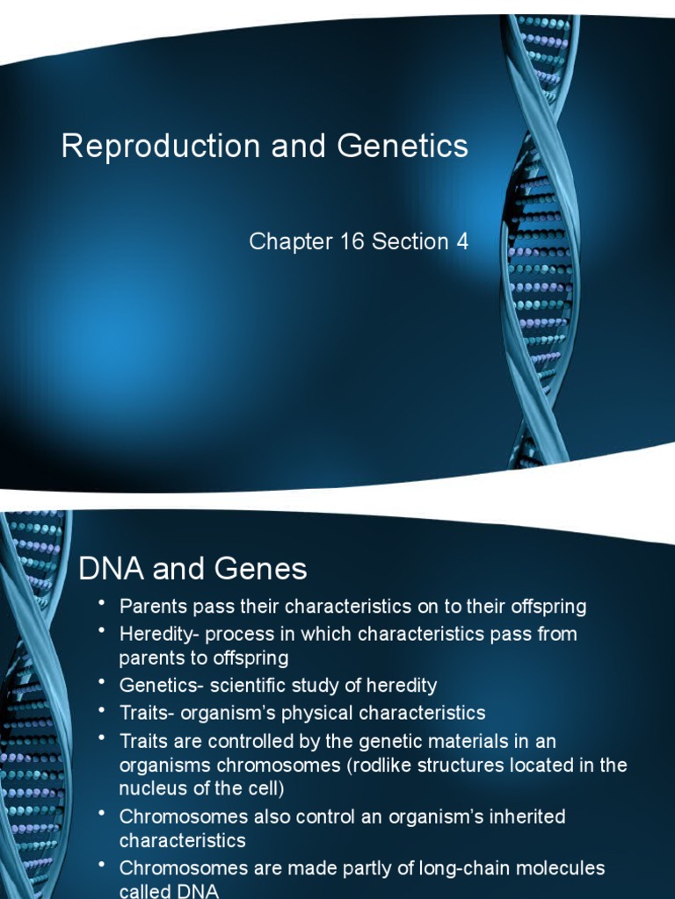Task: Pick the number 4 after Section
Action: (461, 242)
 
